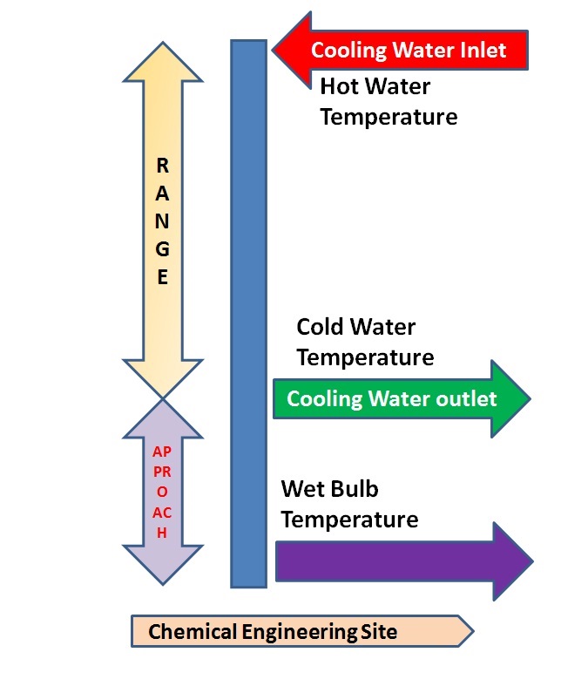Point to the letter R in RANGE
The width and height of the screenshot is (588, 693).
162,165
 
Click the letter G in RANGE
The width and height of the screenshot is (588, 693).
162,248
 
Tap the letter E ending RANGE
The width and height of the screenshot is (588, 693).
162,277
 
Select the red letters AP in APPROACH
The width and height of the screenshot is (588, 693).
162,452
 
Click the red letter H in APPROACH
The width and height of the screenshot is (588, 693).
162,533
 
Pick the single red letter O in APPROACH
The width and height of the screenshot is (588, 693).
162,492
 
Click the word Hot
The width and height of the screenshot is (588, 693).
340,86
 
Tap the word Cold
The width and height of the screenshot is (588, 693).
323,327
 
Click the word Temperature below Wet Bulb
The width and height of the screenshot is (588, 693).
349,520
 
